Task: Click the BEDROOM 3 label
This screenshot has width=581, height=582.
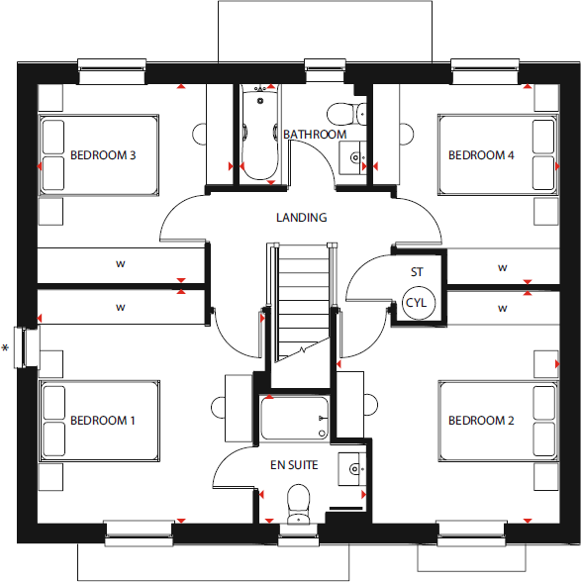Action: tap(103, 155)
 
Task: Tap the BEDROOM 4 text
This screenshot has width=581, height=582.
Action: tap(481, 155)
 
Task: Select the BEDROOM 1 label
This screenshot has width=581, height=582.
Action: tap(103, 421)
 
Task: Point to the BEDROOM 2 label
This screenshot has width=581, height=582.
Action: tap(481, 421)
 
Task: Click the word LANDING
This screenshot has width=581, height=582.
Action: tap(303, 218)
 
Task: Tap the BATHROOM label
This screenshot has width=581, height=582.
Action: tap(315, 135)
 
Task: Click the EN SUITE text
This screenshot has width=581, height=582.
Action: tap(296, 464)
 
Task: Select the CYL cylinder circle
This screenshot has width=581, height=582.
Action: tap(417, 303)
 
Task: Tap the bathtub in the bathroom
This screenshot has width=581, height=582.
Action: tap(260, 133)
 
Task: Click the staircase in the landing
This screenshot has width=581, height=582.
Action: tap(301, 302)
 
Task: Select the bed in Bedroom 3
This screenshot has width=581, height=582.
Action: tap(98, 155)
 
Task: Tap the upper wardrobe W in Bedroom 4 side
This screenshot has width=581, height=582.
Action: tap(503, 268)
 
